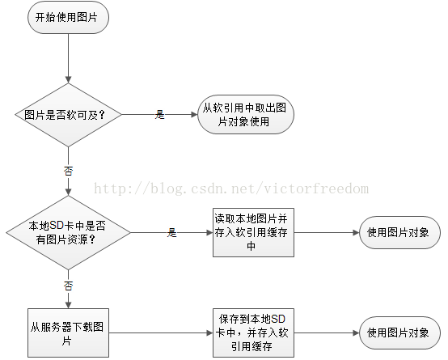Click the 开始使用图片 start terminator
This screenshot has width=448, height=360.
(x=68, y=17)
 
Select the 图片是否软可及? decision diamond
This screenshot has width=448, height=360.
(x=68, y=115)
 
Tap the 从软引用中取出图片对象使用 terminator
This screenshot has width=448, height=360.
(x=246, y=115)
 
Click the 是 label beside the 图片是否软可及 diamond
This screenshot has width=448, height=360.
(x=160, y=115)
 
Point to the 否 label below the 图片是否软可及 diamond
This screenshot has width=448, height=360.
(x=68, y=171)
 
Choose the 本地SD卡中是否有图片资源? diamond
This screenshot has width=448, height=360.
(x=68, y=232)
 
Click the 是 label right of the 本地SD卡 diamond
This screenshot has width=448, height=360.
(x=171, y=232)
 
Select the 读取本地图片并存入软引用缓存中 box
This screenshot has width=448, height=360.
(x=253, y=232)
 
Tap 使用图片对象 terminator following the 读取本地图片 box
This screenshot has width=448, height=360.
(x=399, y=232)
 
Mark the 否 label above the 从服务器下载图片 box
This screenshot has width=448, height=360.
(x=68, y=286)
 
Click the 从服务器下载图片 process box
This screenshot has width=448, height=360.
(x=68, y=332)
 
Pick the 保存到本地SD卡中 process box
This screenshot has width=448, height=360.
(x=253, y=332)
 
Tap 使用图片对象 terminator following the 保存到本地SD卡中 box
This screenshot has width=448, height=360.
(x=399, y=332)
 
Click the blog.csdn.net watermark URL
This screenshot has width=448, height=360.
(x=231, y=188)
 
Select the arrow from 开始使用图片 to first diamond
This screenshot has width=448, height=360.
(x=68, y=58)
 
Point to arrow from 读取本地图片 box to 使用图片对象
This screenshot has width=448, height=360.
(x=327, y=232)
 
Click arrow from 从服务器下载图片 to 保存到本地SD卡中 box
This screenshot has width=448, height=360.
(x=161, y=332)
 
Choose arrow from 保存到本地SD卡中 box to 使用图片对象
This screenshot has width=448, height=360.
(x=327, y=332)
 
